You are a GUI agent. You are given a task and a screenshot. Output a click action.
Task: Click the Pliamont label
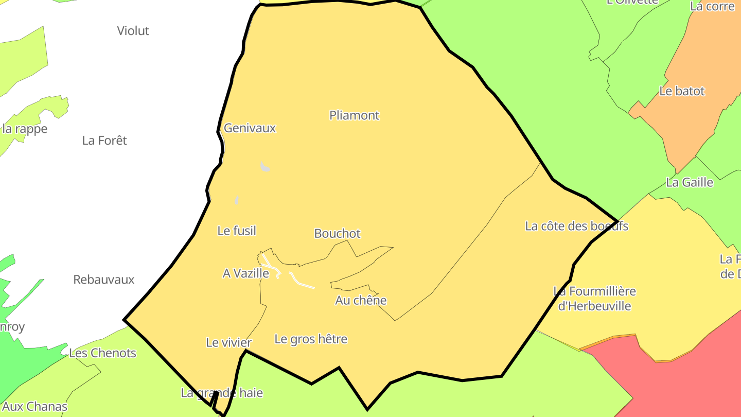point(354,115)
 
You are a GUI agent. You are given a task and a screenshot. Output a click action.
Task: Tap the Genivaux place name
point(250,128)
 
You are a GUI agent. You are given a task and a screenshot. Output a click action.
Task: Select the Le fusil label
point(237,231)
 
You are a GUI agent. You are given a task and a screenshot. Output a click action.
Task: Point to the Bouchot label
point(337,234)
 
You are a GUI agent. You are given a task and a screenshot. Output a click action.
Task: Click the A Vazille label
point(245,273)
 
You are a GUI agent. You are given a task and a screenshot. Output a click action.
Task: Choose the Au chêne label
point(360,300)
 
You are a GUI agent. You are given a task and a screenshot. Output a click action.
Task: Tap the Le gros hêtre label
point(311,339)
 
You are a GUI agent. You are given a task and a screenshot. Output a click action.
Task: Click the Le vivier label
point(228,342)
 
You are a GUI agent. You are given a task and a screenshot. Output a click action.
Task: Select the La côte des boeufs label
point(576,226)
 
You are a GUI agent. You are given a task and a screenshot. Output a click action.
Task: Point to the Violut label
point(133,31)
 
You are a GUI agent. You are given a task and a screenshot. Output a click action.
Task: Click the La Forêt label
point(104,141)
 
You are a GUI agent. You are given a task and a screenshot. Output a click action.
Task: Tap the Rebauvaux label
point(103,280)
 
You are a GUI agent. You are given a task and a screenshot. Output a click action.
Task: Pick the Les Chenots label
point(102,353)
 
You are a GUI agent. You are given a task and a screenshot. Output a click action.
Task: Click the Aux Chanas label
point(34,407)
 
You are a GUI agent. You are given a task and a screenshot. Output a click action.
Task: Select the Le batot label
point(682,91)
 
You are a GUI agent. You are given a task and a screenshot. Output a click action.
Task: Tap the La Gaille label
point(690,182)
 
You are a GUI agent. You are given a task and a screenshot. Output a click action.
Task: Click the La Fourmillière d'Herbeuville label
point(594,299)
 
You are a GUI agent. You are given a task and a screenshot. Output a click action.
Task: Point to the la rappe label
point(25,129)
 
